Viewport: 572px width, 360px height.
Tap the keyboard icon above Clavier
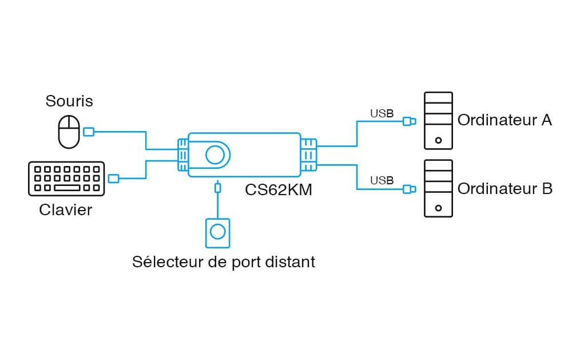(66, 178)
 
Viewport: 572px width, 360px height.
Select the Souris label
(69, 101)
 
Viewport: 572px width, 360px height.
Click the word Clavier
(66, 209)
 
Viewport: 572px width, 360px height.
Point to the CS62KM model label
(279, 189)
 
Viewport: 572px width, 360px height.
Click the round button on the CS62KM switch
(215, 154)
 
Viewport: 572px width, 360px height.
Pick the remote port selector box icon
(217, 232)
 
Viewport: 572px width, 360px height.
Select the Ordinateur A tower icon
(438, 121)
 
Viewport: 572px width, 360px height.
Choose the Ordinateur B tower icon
(438, 188)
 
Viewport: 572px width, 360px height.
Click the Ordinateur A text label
(505, 120)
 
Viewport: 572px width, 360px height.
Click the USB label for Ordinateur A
(382, 113)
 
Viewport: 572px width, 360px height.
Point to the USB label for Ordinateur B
(382, 181)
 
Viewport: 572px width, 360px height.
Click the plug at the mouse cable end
(89, 132)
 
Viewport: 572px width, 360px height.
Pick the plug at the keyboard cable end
(114, 179)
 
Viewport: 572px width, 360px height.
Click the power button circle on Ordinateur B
(438, 207)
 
